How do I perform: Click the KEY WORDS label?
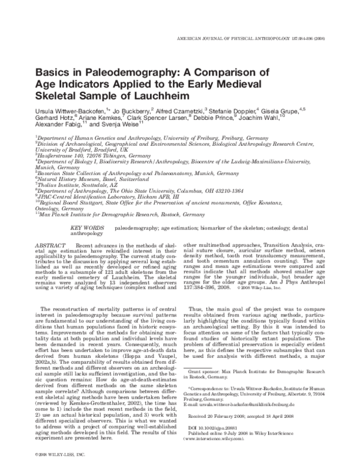(88, 228)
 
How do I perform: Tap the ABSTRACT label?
(52, 246)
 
